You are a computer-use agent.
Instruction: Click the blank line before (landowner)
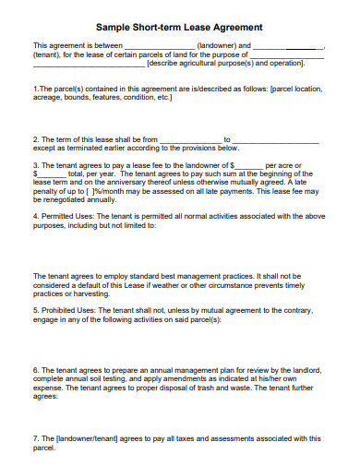158,45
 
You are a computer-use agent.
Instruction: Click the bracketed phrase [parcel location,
293,90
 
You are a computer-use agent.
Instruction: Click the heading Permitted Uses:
65,217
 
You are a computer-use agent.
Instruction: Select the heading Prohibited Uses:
66,310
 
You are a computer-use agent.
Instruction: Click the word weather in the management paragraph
198,284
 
